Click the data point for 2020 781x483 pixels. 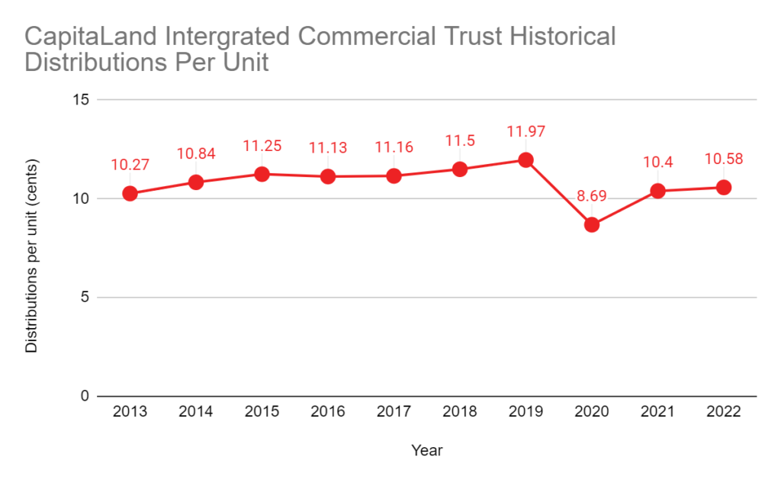[x=592, y=225]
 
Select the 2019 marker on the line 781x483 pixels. [x=525, y=160]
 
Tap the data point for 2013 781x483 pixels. [x=130, y=194]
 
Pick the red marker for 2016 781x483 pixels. [x=328, y=176]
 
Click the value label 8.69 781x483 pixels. [x=592, y=196]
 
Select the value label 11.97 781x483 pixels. [x=525, y=131]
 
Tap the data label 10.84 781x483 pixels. [x=196, y=153]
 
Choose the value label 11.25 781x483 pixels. [x=262, y=146]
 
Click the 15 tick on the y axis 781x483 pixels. [x=82, y=100]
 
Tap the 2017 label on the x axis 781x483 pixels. [x=394, y=412]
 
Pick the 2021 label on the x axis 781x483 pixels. [x=657, y=412]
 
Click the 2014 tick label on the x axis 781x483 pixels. [x=196, y=412]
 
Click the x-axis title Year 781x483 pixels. [x=427, y=450]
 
